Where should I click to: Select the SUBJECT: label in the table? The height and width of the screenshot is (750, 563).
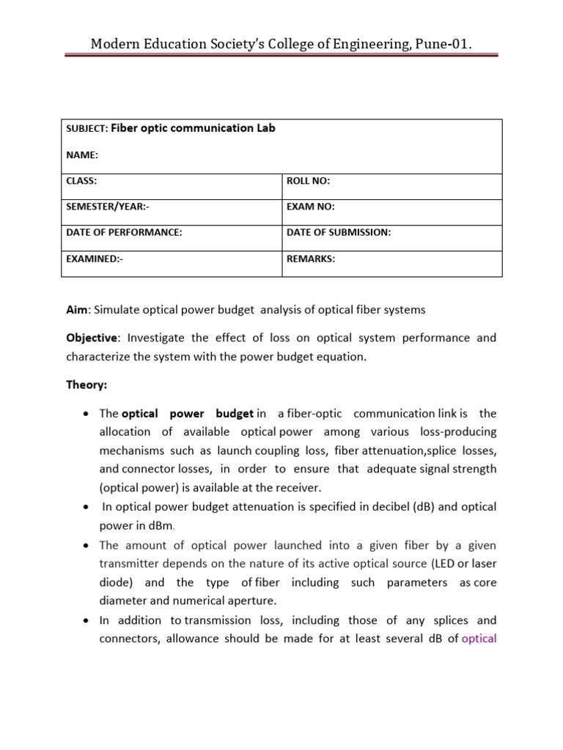[87, 129]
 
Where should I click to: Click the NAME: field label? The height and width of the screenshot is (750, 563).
[81, 155]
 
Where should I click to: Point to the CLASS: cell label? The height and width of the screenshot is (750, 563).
[81, 180]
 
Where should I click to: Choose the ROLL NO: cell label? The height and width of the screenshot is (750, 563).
[309, 180]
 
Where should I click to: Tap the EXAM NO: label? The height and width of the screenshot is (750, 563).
[311, 207]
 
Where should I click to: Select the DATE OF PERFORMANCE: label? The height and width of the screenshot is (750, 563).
[124, 232]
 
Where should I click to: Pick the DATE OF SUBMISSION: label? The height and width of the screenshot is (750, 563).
[339, 232]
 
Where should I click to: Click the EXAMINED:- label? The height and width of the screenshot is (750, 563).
[95, 259]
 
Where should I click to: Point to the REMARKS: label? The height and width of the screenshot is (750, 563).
[311, 259]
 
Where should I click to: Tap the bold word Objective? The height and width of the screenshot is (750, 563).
[91, 338]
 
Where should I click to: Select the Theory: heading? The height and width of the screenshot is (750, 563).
[87, 385]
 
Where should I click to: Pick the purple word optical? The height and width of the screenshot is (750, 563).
[479, 638]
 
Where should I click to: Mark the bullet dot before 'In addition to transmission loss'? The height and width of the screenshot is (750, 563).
[86, 620]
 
